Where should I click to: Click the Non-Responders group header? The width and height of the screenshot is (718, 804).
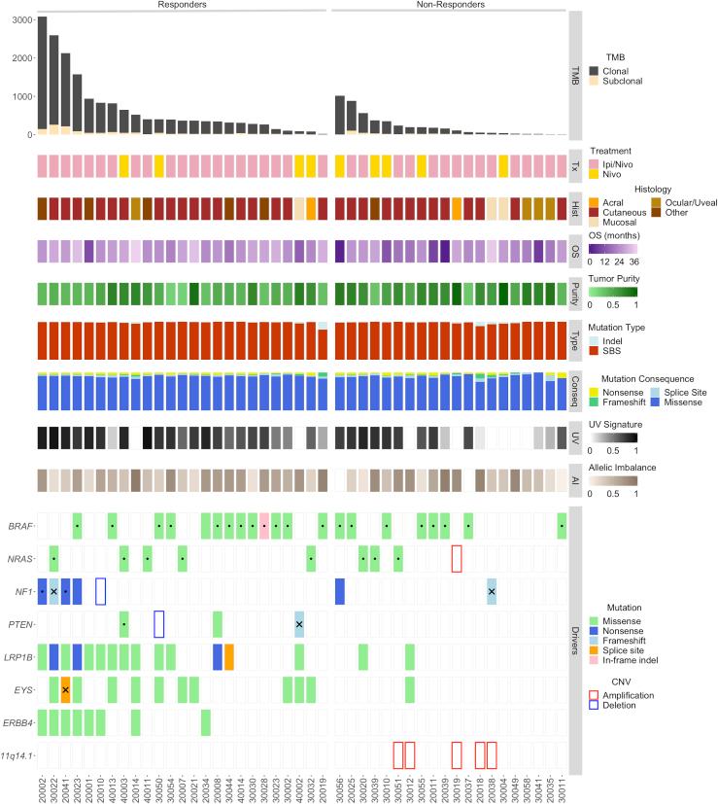[x=450, y=6]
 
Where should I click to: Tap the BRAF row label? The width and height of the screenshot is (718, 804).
[x=20, y=526]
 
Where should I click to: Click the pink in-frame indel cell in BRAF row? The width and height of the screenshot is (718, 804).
[x=264, y=526]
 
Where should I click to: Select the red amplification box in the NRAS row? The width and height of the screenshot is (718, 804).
[x=457, y=559]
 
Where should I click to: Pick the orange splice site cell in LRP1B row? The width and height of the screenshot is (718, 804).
[x=229, y=656]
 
